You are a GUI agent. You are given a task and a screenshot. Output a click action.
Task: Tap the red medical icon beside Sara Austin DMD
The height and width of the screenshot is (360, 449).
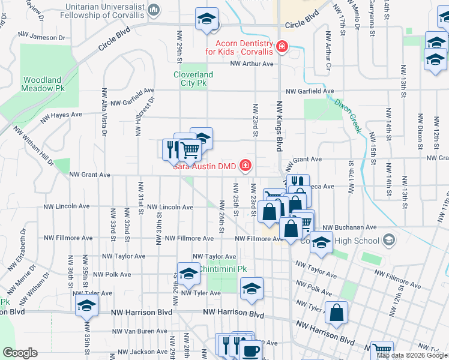pyautogui.click(x=245, y=165)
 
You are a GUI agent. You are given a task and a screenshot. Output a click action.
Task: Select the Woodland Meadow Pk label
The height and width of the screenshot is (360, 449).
pyautogui.click(x=42, y=84)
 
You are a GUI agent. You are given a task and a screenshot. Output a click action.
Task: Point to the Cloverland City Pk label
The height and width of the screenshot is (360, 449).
pyautogui.click(x=193, y=79)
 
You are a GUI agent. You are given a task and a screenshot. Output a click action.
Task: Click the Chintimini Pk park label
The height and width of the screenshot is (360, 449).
pyautogui.click(x=223, y=269)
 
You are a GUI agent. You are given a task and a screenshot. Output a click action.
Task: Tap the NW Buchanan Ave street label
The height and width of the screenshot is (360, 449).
pyautogui.click(x=349, y=227)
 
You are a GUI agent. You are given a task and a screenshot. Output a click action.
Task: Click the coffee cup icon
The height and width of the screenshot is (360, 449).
pyautogui.click(x=250, y=350)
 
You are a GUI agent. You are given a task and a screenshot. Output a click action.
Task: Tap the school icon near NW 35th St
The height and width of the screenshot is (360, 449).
pyautogui.click(x=86, y=306)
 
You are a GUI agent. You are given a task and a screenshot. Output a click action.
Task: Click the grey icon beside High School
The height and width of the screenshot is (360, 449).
pyautogui.click(x=389, y=241)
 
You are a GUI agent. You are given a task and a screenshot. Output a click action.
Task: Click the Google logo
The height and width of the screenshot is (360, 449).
pyautogui.click(x=19, y=353)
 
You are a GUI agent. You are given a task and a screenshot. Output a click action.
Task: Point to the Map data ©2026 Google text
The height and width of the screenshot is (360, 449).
pyautogui.click(x=412, y=355)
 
